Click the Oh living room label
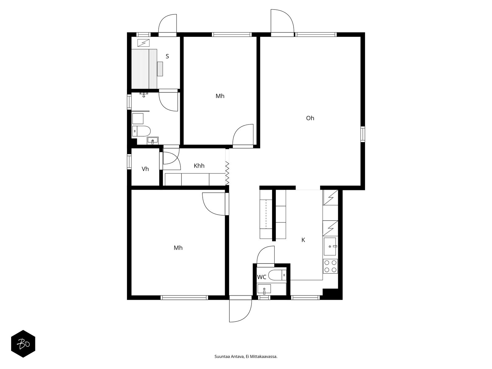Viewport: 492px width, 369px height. click(310, 118)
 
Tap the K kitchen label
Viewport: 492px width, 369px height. click(303, 240)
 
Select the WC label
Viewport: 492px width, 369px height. click(262, 277)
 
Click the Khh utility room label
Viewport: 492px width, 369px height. click(199, 166)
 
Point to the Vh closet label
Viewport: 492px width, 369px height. click(145, 169)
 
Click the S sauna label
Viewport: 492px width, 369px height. click(167, 56)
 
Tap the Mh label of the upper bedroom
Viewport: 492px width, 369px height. click(220, 96)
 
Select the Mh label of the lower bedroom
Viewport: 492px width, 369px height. click(178, 248)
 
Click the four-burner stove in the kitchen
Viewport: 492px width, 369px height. click(330, 266)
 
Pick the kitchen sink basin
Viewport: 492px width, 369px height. click(330, 246)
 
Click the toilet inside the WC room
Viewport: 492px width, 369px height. click(277, 275)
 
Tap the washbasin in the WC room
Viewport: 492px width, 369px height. click(264, 289)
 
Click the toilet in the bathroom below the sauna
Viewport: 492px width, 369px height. click(141, 131)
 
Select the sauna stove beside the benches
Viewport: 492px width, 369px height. click(160, 69)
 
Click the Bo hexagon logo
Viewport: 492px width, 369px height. click(23, 344)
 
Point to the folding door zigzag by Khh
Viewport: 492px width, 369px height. click(227, 173)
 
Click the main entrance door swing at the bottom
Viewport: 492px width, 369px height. click(240, 311)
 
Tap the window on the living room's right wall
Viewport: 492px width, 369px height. click(363, 134)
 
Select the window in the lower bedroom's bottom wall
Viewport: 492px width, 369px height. click(184, 298)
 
